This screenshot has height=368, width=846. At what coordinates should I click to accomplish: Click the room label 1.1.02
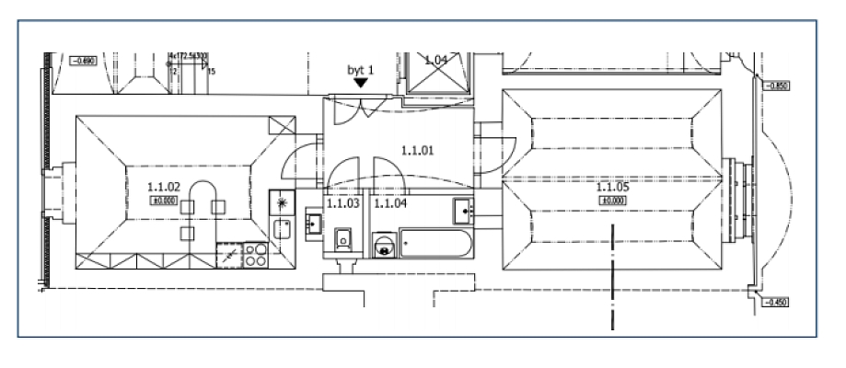coord(162,186)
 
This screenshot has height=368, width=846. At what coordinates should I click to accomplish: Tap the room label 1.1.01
coord(417,148)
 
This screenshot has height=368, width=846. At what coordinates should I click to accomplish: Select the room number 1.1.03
coord(343,203)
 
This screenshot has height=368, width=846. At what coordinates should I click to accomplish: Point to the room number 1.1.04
coord(390,203)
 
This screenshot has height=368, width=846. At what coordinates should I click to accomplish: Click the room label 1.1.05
coord(613,187)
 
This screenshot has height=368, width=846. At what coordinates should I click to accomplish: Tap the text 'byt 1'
coord(360,68)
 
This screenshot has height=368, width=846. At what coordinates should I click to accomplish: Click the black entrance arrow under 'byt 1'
coord(361,82)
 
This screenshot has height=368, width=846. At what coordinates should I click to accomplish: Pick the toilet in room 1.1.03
coord(343,240)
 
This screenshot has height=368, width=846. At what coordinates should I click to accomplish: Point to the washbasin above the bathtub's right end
coord(464,211)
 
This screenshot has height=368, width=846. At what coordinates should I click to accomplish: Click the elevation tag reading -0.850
coord(778,86)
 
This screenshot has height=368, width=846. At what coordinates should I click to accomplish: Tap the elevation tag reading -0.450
coord(778,303)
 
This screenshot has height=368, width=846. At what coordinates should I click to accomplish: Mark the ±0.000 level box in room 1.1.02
coord(162,200)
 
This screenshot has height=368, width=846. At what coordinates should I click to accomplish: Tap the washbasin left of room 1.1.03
coord(312,224)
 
